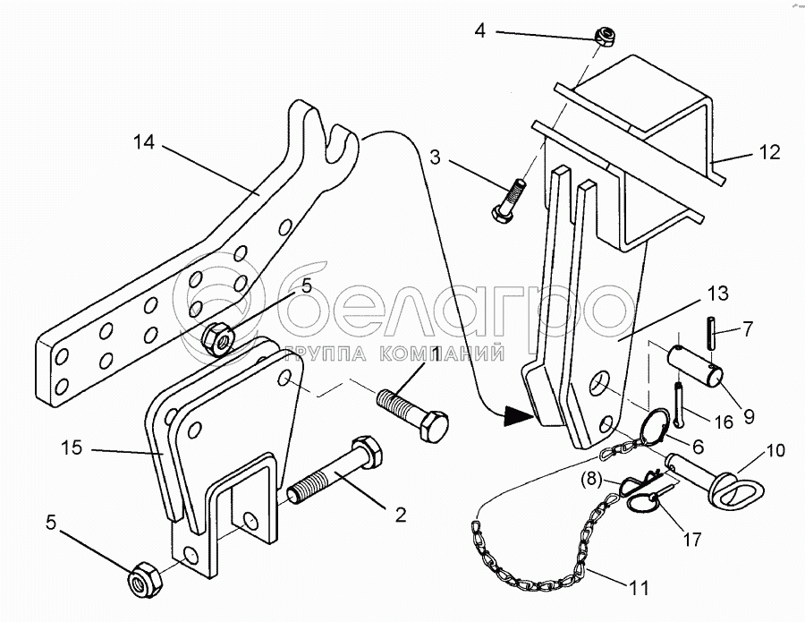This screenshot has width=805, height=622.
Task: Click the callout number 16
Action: click(724, 420)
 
